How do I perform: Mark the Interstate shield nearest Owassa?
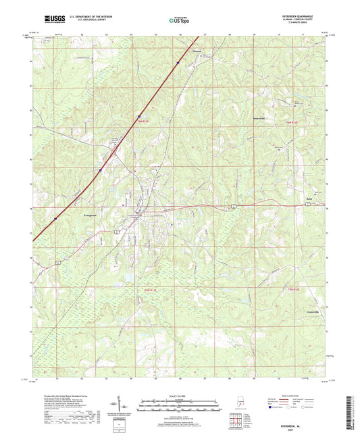178,63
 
